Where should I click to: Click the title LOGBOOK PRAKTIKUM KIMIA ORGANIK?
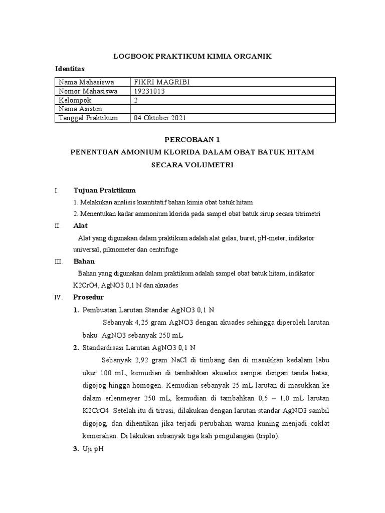click(192, 57)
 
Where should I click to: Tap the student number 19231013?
click(150, 91)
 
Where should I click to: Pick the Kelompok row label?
click(75, 100)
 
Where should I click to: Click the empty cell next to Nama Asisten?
click(232, 109)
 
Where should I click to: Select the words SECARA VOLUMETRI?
click(192, 164)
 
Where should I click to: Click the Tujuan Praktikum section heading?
click(104, 190)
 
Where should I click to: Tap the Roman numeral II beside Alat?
click(57, 226)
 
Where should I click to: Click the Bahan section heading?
click(84, 261)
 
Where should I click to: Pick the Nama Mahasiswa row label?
click(86, 82)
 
